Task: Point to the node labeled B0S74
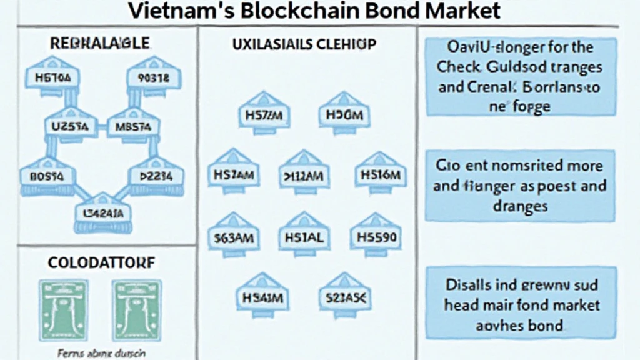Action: pyautogui.click(x=42, y=177)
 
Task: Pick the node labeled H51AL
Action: pyautogui.click(x=304, y=238)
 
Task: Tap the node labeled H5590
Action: pyautogui.click(x=376, y=238)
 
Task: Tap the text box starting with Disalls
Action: pyautogui.click(x=522, y=304)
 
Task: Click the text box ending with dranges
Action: pyautogui.click(x=522, y=186)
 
